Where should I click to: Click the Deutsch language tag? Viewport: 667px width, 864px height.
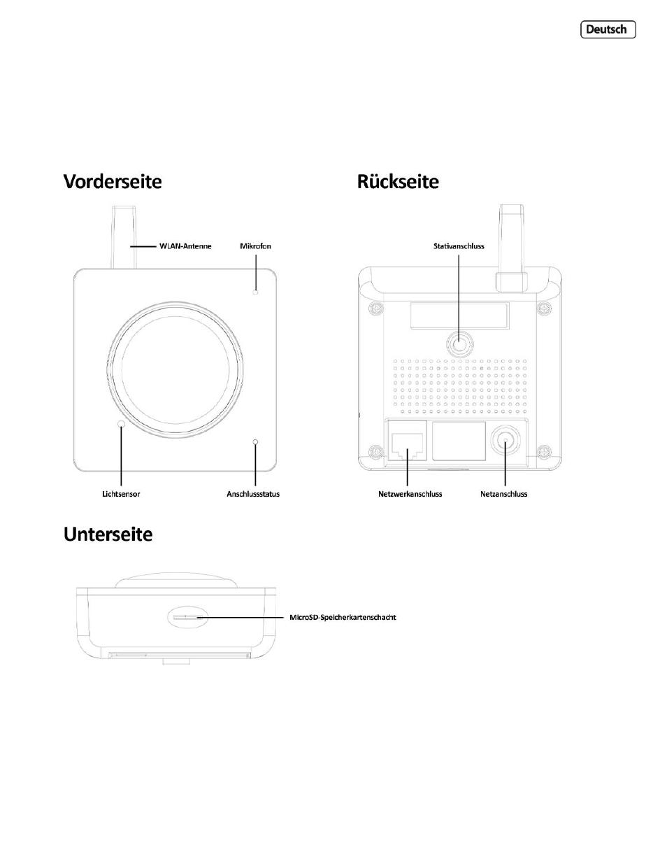pos(608,29)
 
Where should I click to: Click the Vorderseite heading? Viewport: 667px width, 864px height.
pos(113,181)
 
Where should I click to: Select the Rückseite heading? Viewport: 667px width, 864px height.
pos(398,181)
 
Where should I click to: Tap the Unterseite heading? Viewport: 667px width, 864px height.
pos(108,534)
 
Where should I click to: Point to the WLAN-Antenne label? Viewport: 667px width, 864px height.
pos(185,246)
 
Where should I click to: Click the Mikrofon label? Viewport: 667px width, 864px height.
pos(255,246)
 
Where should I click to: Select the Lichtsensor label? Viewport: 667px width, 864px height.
pos(121,494)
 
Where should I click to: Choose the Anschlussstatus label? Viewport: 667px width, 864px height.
pos(253,494)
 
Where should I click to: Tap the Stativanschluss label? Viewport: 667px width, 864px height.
pos(459,246)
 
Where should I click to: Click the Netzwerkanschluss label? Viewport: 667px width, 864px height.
pos(410,494)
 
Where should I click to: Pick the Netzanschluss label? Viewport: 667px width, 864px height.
pos(503,494)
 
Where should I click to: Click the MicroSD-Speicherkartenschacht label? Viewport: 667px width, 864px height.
pos(343,617)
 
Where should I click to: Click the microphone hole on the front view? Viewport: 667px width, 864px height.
pos(255,292)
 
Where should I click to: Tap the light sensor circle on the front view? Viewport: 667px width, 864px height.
pos(121,424)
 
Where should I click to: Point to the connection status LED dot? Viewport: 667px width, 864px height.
pos(255,441)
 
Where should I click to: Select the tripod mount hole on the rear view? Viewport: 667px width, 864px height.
pos(459,343)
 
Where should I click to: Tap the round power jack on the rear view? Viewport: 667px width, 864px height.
pos(505,441)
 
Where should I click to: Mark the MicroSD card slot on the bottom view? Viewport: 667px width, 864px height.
pos(188,618)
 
